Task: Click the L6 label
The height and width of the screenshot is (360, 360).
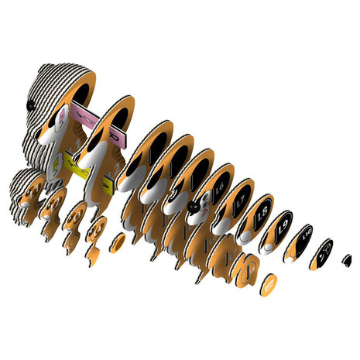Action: coord(219,188)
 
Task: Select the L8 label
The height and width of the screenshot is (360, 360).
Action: coord(260,212)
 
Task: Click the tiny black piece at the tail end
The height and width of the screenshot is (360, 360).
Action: coord(347,259)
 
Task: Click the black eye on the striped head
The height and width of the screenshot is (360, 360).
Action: coord(30,103)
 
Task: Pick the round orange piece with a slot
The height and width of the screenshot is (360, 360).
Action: coord(248,270)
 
